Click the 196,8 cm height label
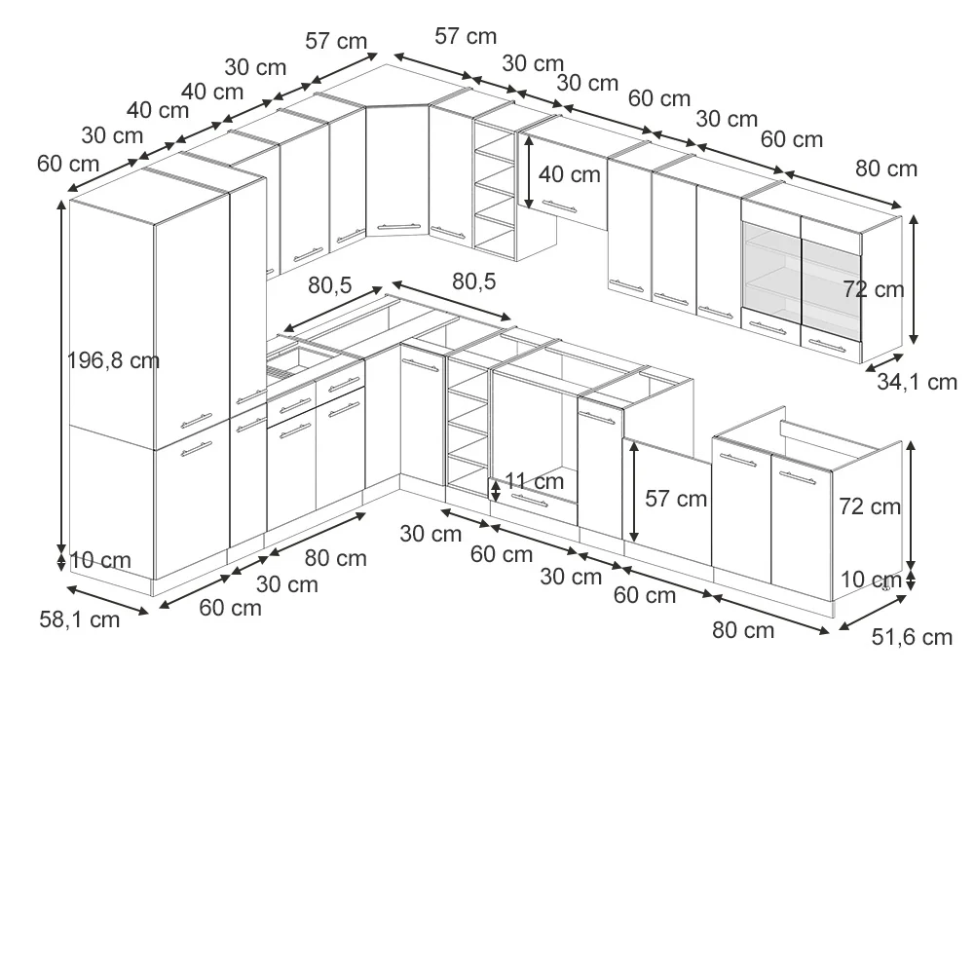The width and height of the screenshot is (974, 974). tap(113, 361)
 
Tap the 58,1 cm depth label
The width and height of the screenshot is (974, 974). tap(80, 619)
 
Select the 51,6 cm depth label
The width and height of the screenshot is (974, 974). tap(912, 637)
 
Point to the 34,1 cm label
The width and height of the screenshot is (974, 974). tap(917, 382)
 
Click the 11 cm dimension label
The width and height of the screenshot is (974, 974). tap(534, 481)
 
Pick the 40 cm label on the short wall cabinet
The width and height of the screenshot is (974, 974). tap(570, 174)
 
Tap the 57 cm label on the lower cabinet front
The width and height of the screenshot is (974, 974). tap(676, 498)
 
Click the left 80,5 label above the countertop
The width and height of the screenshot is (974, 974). tap(330, 285)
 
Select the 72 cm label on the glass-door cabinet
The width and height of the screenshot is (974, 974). tap(874, 289)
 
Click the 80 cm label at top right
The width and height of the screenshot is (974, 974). tap(886, 169)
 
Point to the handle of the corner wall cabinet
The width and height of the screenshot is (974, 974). tap(398, 227)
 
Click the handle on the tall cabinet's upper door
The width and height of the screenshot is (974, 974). tap(197, 421)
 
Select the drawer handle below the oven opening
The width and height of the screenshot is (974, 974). tap(529, 501)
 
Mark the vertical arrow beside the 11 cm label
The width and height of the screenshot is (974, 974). tap(495, 490)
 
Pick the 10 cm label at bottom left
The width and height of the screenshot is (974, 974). tap(100, 560)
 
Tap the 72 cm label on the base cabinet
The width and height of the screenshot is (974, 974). tap(870, 506)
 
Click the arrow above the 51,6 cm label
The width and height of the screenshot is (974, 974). tap(873, 613)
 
